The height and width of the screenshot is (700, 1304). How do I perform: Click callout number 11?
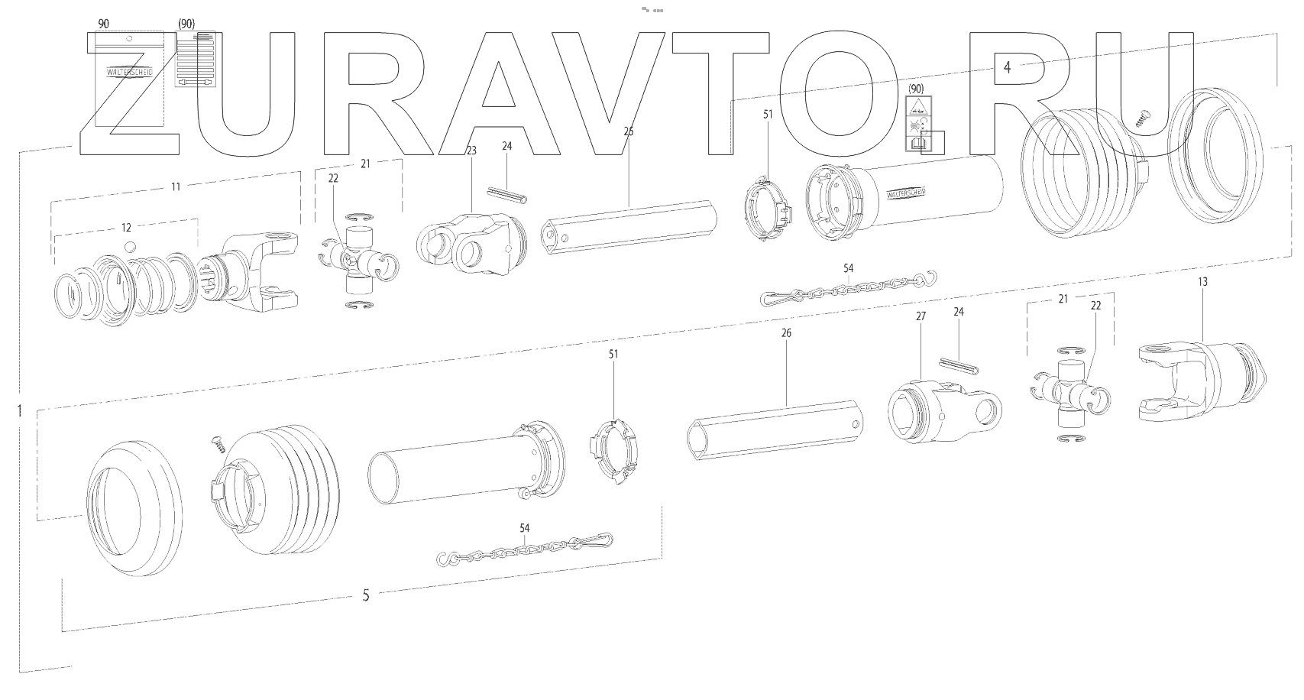pos(176,186)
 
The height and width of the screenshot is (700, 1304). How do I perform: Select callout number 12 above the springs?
pos(127,227)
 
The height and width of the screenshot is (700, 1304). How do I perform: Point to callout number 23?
pos(471,151)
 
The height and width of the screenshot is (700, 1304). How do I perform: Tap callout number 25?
pos(629,131)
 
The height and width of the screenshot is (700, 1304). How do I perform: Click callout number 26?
pos(787,333)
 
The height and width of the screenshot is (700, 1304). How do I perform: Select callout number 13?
pos(1202,282)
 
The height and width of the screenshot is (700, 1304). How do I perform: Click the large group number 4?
pos(1007,67)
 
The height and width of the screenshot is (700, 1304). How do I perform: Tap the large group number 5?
pos(366,595)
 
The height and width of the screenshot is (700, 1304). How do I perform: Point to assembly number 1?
pos(19,410)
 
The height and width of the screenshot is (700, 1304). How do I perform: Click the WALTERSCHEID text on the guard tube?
pos(906,193)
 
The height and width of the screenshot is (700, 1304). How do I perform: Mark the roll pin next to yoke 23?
pos(504,190)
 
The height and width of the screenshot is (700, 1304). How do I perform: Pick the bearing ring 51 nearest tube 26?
pos(613,455)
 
